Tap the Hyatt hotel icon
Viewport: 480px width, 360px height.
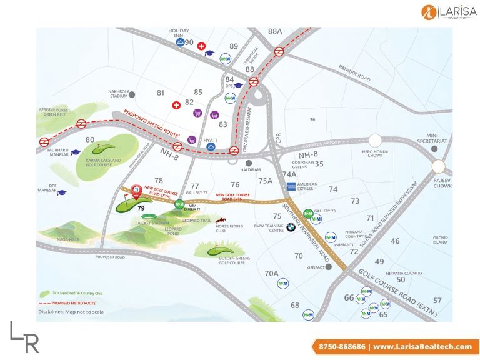tap(212, 147)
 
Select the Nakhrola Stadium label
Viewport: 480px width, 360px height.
tap(119, 93)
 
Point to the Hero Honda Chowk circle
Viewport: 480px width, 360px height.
tap(375, 141)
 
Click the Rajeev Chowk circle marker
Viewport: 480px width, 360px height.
tap(439, 166)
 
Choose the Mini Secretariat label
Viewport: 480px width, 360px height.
tap(436, 137)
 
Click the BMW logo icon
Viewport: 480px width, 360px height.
tap(290, 228)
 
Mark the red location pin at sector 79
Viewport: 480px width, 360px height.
tap(136, 191)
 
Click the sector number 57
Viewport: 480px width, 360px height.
tap(437, 301)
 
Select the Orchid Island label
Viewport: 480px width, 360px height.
tap(440, 239)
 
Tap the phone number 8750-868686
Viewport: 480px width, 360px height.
tap(342, 346)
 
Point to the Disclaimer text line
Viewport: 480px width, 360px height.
tap(71, 311)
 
